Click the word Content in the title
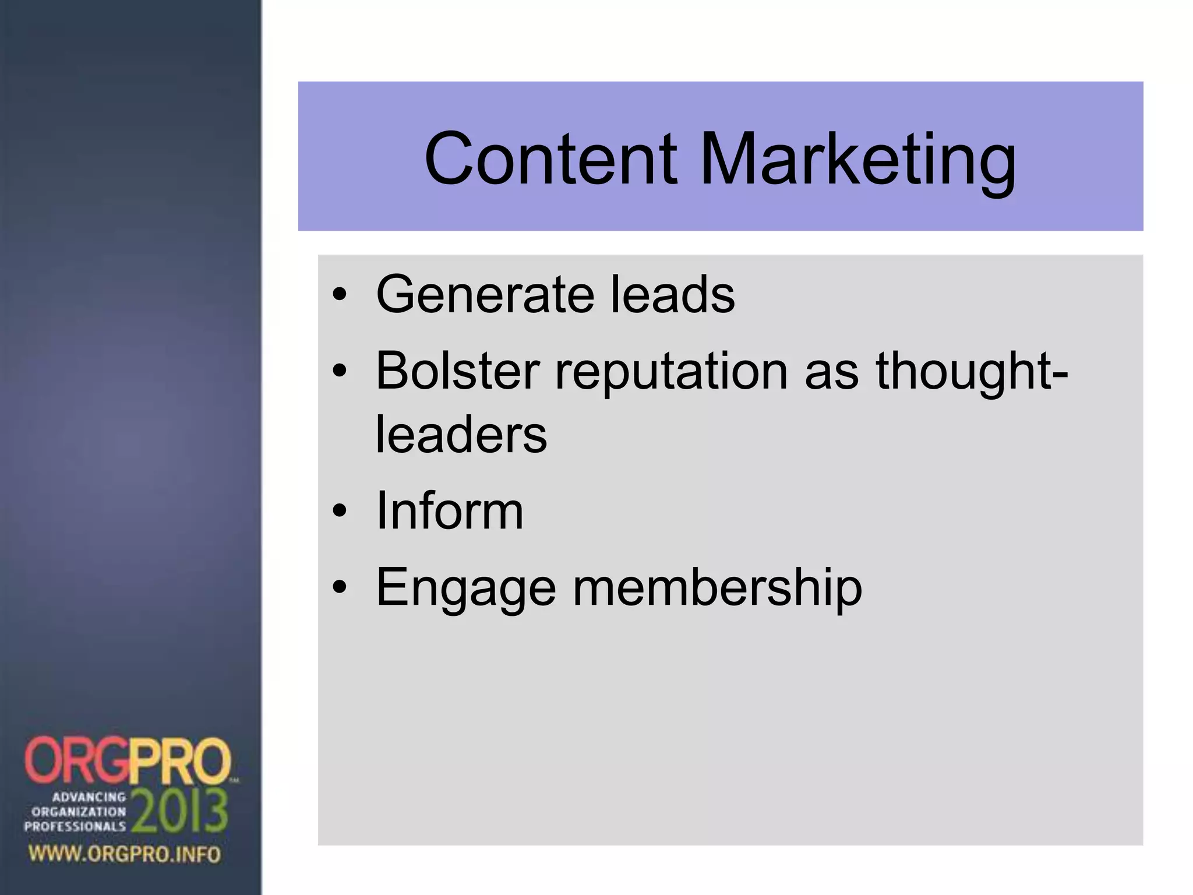pyautogui.click(x=550, y=158)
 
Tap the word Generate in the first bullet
pyautogui.click(x=485, y=294)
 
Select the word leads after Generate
pyautogui.click(x=673, y=294)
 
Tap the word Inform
pyautogui.click(x=449, y=511)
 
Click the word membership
pyautogui.click(x=718, y=587)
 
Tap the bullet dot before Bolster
pyautogui.click(x=340, y=372)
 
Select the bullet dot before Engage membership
pyautogui.click(x=340, y=588)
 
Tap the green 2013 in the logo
pyautogui.click(x=179, y=812)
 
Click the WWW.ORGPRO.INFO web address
pyautogui.click(x=125, y=854)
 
